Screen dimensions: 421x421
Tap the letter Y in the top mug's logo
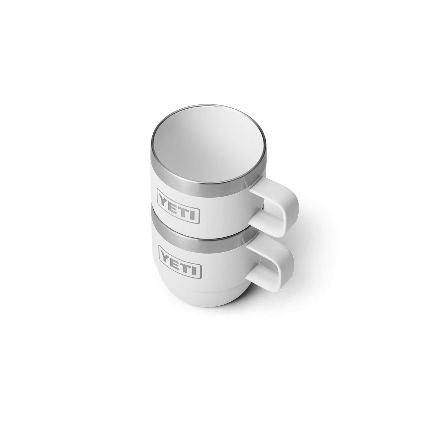165,198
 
